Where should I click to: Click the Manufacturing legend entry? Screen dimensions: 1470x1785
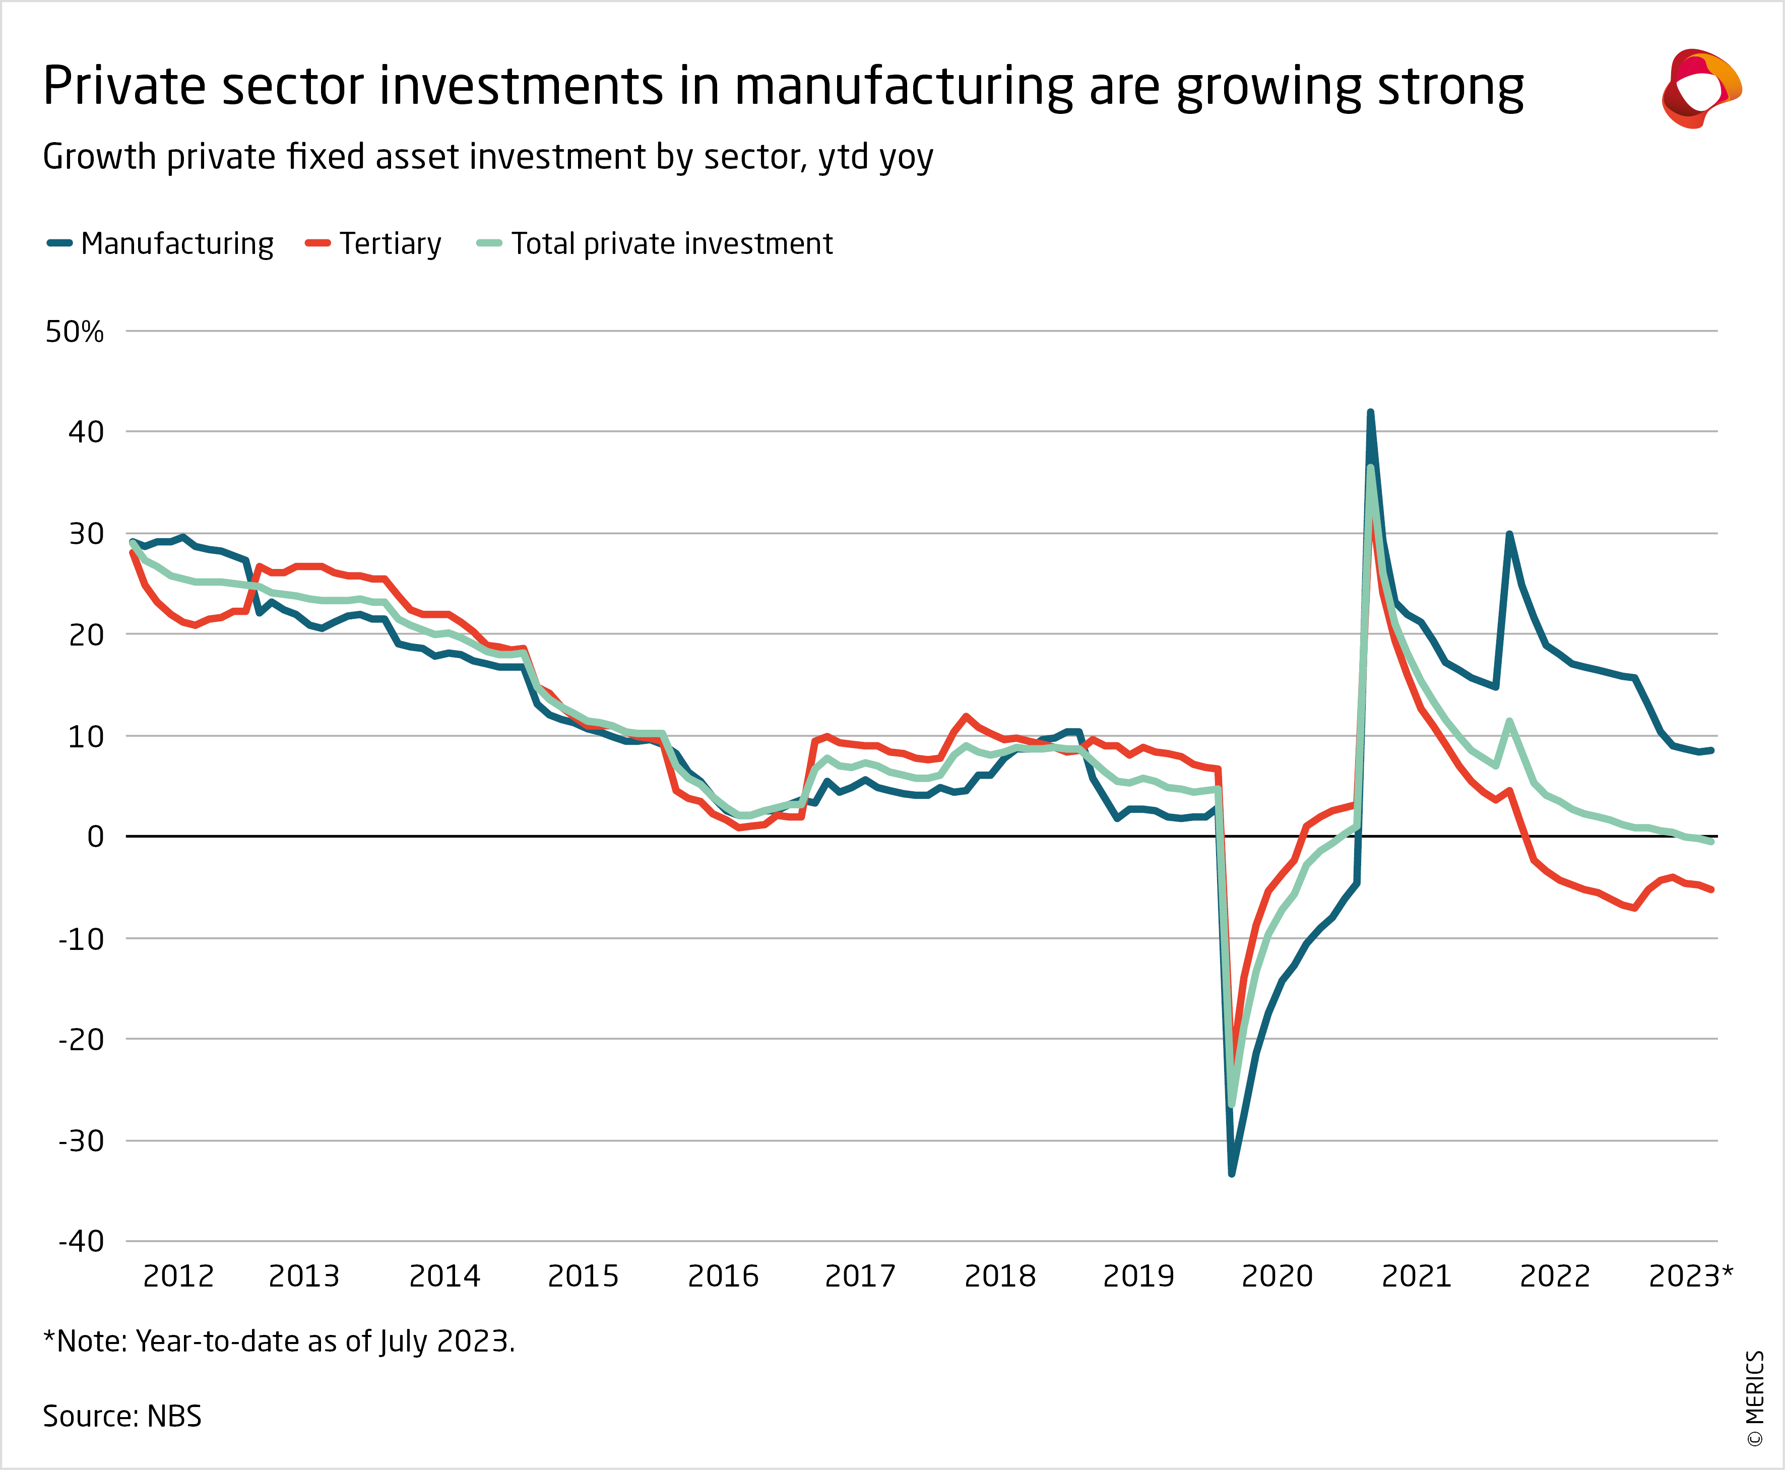pyautogui.click(x=161, y=244)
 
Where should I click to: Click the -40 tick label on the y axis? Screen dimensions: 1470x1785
pyautogui.click(x=81, y=1241)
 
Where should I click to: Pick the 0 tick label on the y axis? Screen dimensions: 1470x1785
pyautogui.click(x=96, y=837)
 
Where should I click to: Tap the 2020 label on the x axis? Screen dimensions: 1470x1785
pyautogui.click(x=1277, y=1275)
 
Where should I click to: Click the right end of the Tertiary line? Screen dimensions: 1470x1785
pyautogui.click(x=1711, y=889)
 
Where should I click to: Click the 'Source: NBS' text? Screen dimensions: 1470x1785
pyautogui.click(x=122, y=1416)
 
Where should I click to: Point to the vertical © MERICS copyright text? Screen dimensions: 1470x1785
pyautogui.click(x=1755, y=1397)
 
